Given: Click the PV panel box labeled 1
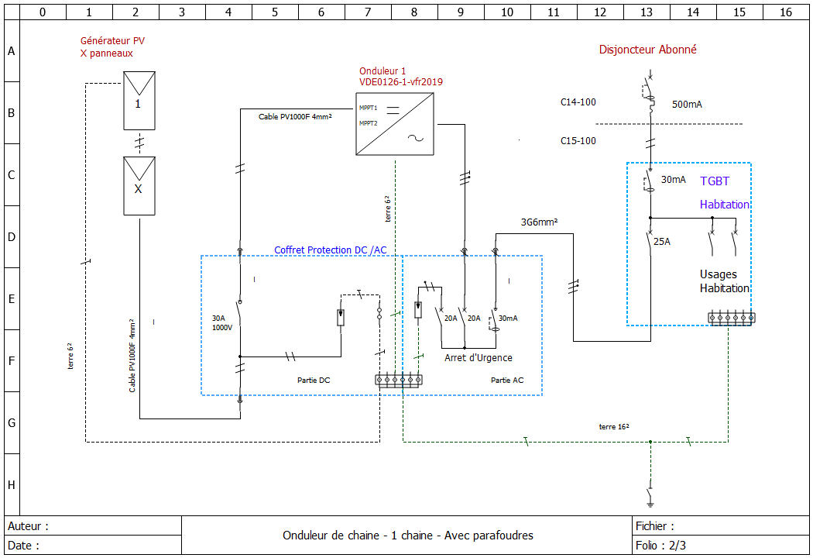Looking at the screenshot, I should [139, 101].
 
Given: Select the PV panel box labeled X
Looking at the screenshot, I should [139, 186].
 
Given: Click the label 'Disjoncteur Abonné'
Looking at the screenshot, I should [647, 50].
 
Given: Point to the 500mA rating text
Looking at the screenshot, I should [687, 105].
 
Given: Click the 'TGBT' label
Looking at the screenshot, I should [715, 181].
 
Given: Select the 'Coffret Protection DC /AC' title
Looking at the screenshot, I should [330, 250].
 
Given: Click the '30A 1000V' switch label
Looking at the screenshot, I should [222, 322].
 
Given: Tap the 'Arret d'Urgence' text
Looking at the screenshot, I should [478, 358].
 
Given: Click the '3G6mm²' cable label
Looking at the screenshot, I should [540, 222].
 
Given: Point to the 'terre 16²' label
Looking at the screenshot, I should [613, 427].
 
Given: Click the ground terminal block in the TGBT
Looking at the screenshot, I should [731, 318].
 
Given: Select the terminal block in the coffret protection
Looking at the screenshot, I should [398, 380].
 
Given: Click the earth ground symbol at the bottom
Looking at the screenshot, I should [650, 496].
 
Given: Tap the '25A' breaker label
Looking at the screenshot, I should [662, 242].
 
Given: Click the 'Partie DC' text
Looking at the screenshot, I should [314, 381].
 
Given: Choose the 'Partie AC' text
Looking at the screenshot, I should [507, 381].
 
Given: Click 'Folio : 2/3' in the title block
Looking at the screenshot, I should [660, 545].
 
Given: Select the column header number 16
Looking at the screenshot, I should [786, 12].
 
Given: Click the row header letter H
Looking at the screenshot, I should [11, 485].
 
